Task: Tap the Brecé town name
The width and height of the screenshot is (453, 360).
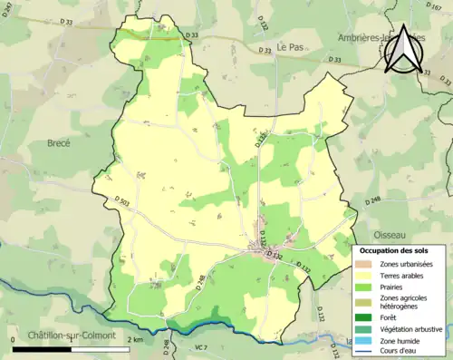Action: tap(59, 142)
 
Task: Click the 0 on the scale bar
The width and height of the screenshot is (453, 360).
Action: tap(14, 339)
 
